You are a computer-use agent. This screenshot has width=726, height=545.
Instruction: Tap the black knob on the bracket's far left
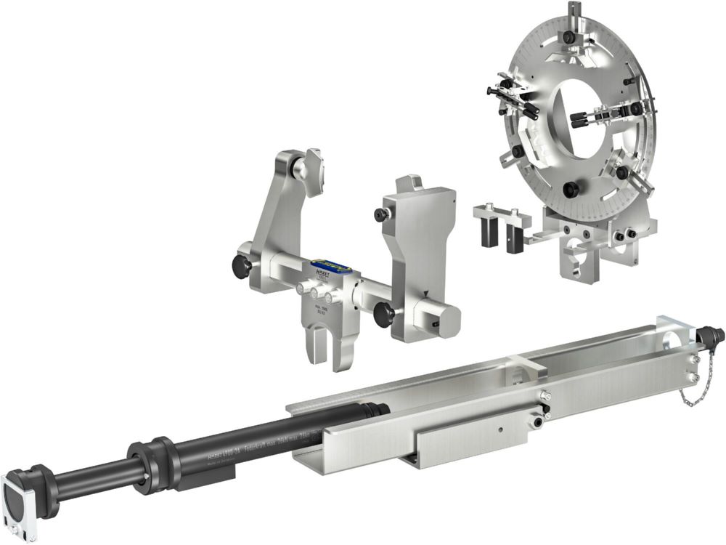[x=241, y=267]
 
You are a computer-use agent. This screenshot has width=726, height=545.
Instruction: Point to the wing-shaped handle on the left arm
[x=312, y=171]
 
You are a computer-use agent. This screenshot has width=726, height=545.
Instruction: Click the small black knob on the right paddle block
[x=379, y=215]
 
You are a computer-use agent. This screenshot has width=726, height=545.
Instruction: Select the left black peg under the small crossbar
[x=486, y=234]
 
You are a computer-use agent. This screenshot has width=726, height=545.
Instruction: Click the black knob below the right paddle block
[x=385, y=314]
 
